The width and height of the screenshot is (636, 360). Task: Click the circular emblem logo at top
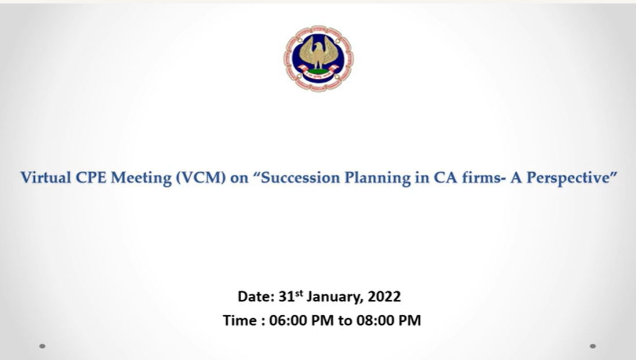click(x=318, y=59)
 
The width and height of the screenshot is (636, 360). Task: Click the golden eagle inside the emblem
click(x=319, y=53)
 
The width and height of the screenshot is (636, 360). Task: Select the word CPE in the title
click(x=91, y=177)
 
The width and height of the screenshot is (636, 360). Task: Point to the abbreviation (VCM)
click(x=201, y=178)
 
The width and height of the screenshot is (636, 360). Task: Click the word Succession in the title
click(x=300, y=177)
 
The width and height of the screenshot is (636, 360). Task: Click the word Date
click(x=256, y=297)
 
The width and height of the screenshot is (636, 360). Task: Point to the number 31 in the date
click(x=286, y=297)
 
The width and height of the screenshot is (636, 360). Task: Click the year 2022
click(x=384, y=297)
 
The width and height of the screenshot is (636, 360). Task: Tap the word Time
click(x=239, y=321)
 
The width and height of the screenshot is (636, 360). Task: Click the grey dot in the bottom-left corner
click(x=42, y=346)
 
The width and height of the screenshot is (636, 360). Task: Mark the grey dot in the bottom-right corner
click(x=593, y=346)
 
